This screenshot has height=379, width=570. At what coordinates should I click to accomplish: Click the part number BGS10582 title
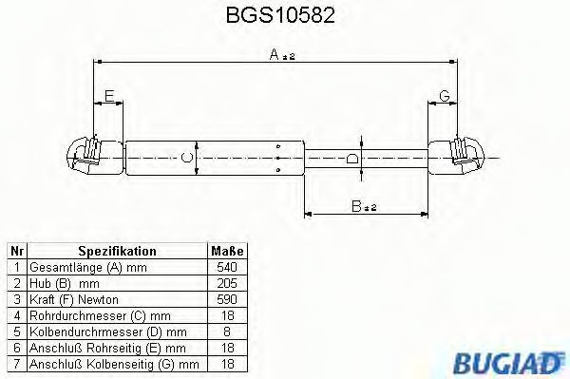pyautogui.click(x=280, y=15)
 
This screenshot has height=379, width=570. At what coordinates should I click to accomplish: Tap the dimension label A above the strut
pyautogui.click(x=275, y=54)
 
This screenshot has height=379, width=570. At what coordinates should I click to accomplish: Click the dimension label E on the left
pyautogui.click(x=109, y=96)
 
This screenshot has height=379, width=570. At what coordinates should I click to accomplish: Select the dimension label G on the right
pyautogui.click(x=445, y=96)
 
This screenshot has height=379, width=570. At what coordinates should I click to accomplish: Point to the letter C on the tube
pyautogui.click(x=186, y=158)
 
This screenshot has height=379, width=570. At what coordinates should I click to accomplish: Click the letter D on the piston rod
pyautogui.click(x=351, y=159)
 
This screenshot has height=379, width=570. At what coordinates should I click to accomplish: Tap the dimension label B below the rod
pyautogui.click(x=356, y=206)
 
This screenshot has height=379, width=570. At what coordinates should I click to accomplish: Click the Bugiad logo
pyautogui.click(x=508, y=363)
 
